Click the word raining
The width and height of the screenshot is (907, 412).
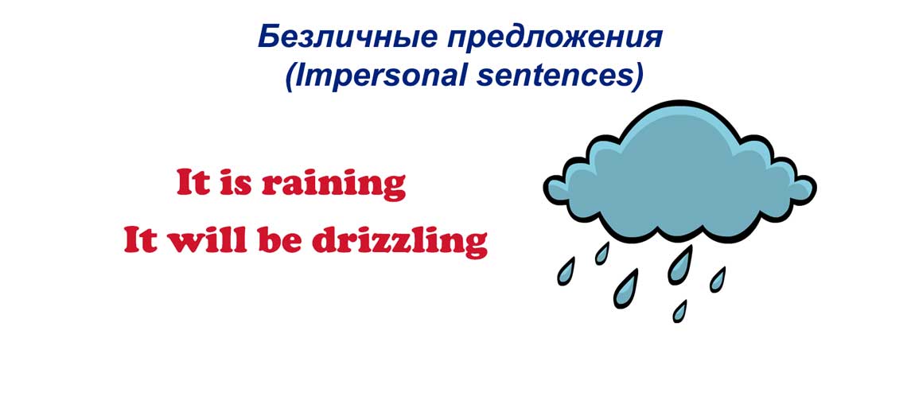[x=333, y=185]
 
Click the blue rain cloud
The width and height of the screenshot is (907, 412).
[x=679, y=173]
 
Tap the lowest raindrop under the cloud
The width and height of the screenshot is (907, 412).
[x=680, y=311]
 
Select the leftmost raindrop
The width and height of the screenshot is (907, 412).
[x=566, y=271]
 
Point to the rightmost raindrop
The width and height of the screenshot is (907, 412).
[x=718, y=279]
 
